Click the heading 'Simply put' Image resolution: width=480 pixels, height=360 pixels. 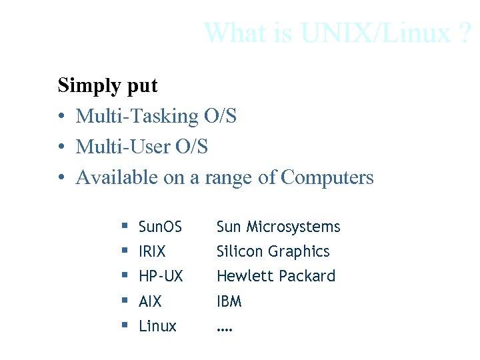tap(107, 86)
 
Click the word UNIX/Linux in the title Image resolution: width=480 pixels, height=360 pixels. tap(375, 32)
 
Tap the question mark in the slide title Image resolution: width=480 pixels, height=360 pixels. tap(465, 32)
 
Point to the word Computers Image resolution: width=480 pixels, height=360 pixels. tap(327, 177)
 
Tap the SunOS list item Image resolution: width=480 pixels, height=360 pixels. tap(160, 227)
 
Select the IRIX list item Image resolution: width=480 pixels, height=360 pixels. tap(152, 252)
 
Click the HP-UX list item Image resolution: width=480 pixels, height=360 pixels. tap(161, 277)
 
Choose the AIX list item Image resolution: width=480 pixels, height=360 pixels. tap(150, 301)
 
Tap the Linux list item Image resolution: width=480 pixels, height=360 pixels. tap(157, 326)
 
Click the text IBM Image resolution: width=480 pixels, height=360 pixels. tap(229, 301)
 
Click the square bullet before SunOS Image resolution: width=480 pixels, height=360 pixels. tap(125, 227)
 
